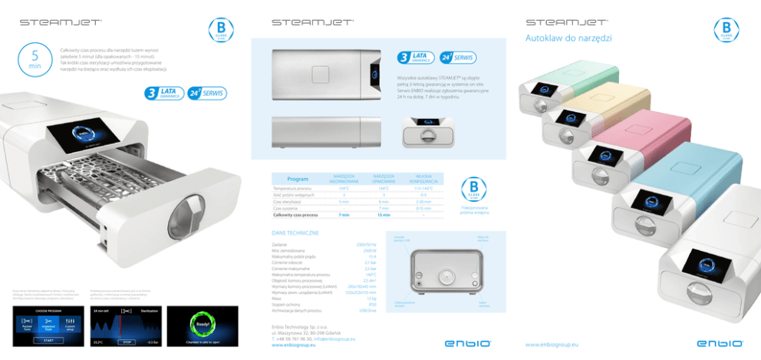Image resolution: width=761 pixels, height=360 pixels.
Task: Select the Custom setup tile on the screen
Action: coord(69,325)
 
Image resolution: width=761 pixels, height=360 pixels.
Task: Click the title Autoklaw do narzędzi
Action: coord(568,38)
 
